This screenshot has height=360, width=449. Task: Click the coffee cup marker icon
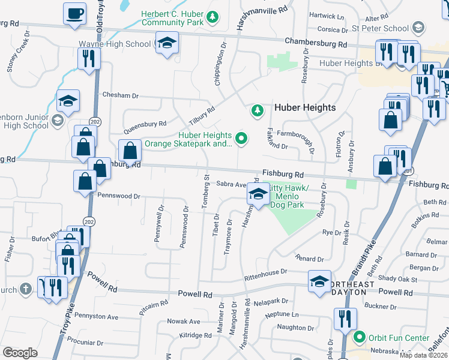(75, 14)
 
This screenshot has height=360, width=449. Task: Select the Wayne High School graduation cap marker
(167, 43)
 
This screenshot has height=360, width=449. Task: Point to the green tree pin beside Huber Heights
(257, 110)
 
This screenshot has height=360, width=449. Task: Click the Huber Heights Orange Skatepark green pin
(241, 139)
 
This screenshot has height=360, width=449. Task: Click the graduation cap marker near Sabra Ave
(258, 194)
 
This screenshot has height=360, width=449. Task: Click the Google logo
(20, 353)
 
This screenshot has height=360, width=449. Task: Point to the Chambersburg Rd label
(316, 43)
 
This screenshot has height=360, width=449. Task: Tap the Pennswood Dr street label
(118, 196)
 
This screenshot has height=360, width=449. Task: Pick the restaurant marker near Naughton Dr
(345, 319)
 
